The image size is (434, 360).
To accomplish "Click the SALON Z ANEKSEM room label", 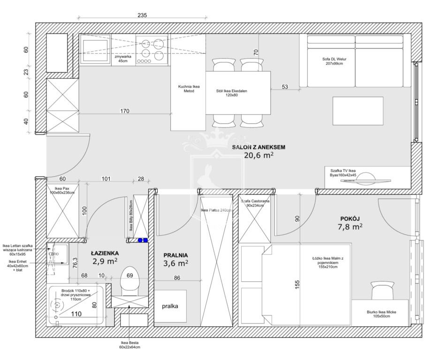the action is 259,147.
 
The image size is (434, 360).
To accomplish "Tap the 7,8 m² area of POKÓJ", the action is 350,227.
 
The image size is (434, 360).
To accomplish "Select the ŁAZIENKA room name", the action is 105,253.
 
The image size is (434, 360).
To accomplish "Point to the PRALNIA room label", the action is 175,255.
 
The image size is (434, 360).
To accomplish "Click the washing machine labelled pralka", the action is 170,306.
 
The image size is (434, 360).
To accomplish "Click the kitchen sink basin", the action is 96,50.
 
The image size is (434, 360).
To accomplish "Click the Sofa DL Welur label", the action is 334,61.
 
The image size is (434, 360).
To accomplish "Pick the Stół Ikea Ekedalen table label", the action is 231,93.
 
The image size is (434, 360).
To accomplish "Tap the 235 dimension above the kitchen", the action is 142,15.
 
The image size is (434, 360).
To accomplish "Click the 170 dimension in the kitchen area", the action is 124,111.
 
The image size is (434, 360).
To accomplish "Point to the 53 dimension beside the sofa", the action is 285,87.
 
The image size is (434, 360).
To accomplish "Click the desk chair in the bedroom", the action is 382,290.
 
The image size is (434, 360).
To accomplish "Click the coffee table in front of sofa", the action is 358,111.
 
